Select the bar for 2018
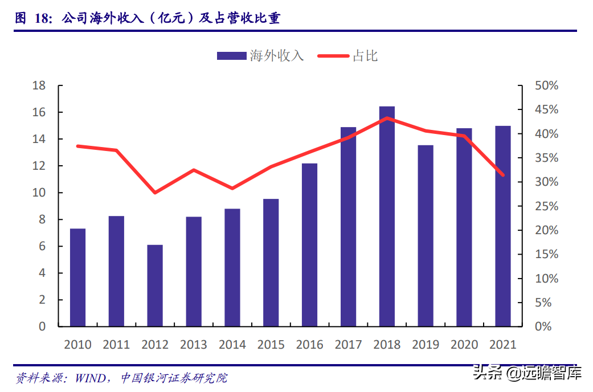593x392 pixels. click(x=387, y=217)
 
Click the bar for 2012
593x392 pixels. click(x=155, y=285)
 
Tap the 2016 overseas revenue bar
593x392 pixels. click(x=309, y=245)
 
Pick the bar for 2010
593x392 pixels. click(x=77, y=277)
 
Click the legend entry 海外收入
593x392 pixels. click(x=260, y=56)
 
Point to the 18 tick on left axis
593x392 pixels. click(x=39, y=85)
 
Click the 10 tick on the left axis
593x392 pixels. click(x=39, y=193)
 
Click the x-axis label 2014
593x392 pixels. click(x=232, y=345)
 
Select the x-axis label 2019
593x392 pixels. click(x=426, y=345)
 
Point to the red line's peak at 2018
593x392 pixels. click(x=387, y=119)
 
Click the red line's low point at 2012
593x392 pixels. click(x=155, y=193)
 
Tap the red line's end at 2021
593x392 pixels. click(x=502, y=174)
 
